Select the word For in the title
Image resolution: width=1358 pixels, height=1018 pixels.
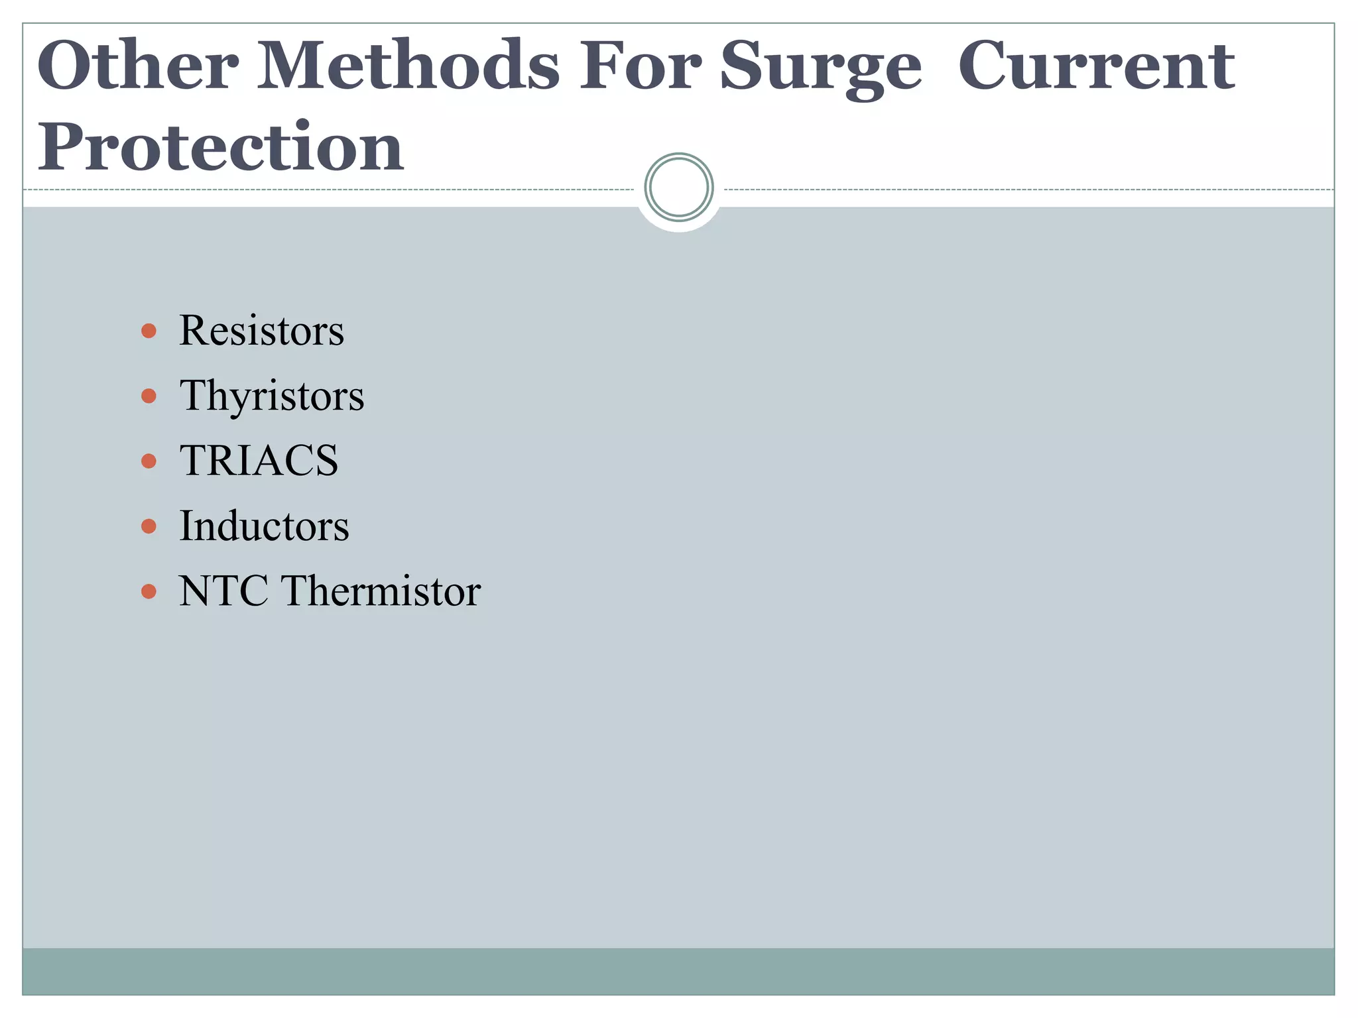coord(640,66)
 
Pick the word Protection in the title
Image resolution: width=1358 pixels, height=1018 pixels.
coord(220,147)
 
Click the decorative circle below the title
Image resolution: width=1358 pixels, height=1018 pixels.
coord(678,188)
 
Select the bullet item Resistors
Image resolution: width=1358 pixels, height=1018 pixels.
coord(261,330)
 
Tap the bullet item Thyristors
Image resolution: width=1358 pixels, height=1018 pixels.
coord(272,396)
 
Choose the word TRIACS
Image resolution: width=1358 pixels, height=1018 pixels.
coord(259,461)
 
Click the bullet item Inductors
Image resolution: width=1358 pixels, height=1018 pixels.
coord(264,526)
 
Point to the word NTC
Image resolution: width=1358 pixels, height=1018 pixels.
coord(223,591)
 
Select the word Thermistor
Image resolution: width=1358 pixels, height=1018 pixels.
coord(381,591)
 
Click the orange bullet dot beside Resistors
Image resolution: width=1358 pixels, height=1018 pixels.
coord(149,331)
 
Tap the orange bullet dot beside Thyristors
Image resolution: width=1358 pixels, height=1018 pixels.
coord(149,396)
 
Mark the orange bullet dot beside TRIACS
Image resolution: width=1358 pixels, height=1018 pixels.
coord(149,461)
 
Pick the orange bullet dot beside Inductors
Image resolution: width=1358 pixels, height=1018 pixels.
coord(149,526)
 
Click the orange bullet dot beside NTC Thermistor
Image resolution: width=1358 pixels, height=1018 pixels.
coord(149,591)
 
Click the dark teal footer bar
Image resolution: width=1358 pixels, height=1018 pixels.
coord(678,971)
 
